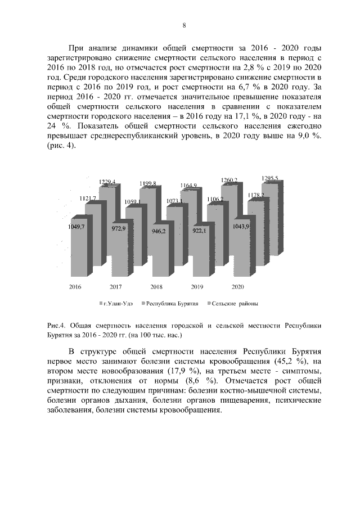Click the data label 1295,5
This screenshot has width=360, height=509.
coord(270,178)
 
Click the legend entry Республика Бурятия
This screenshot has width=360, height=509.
coord(171,304)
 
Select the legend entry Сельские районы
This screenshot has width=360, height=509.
coord(233,304)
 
